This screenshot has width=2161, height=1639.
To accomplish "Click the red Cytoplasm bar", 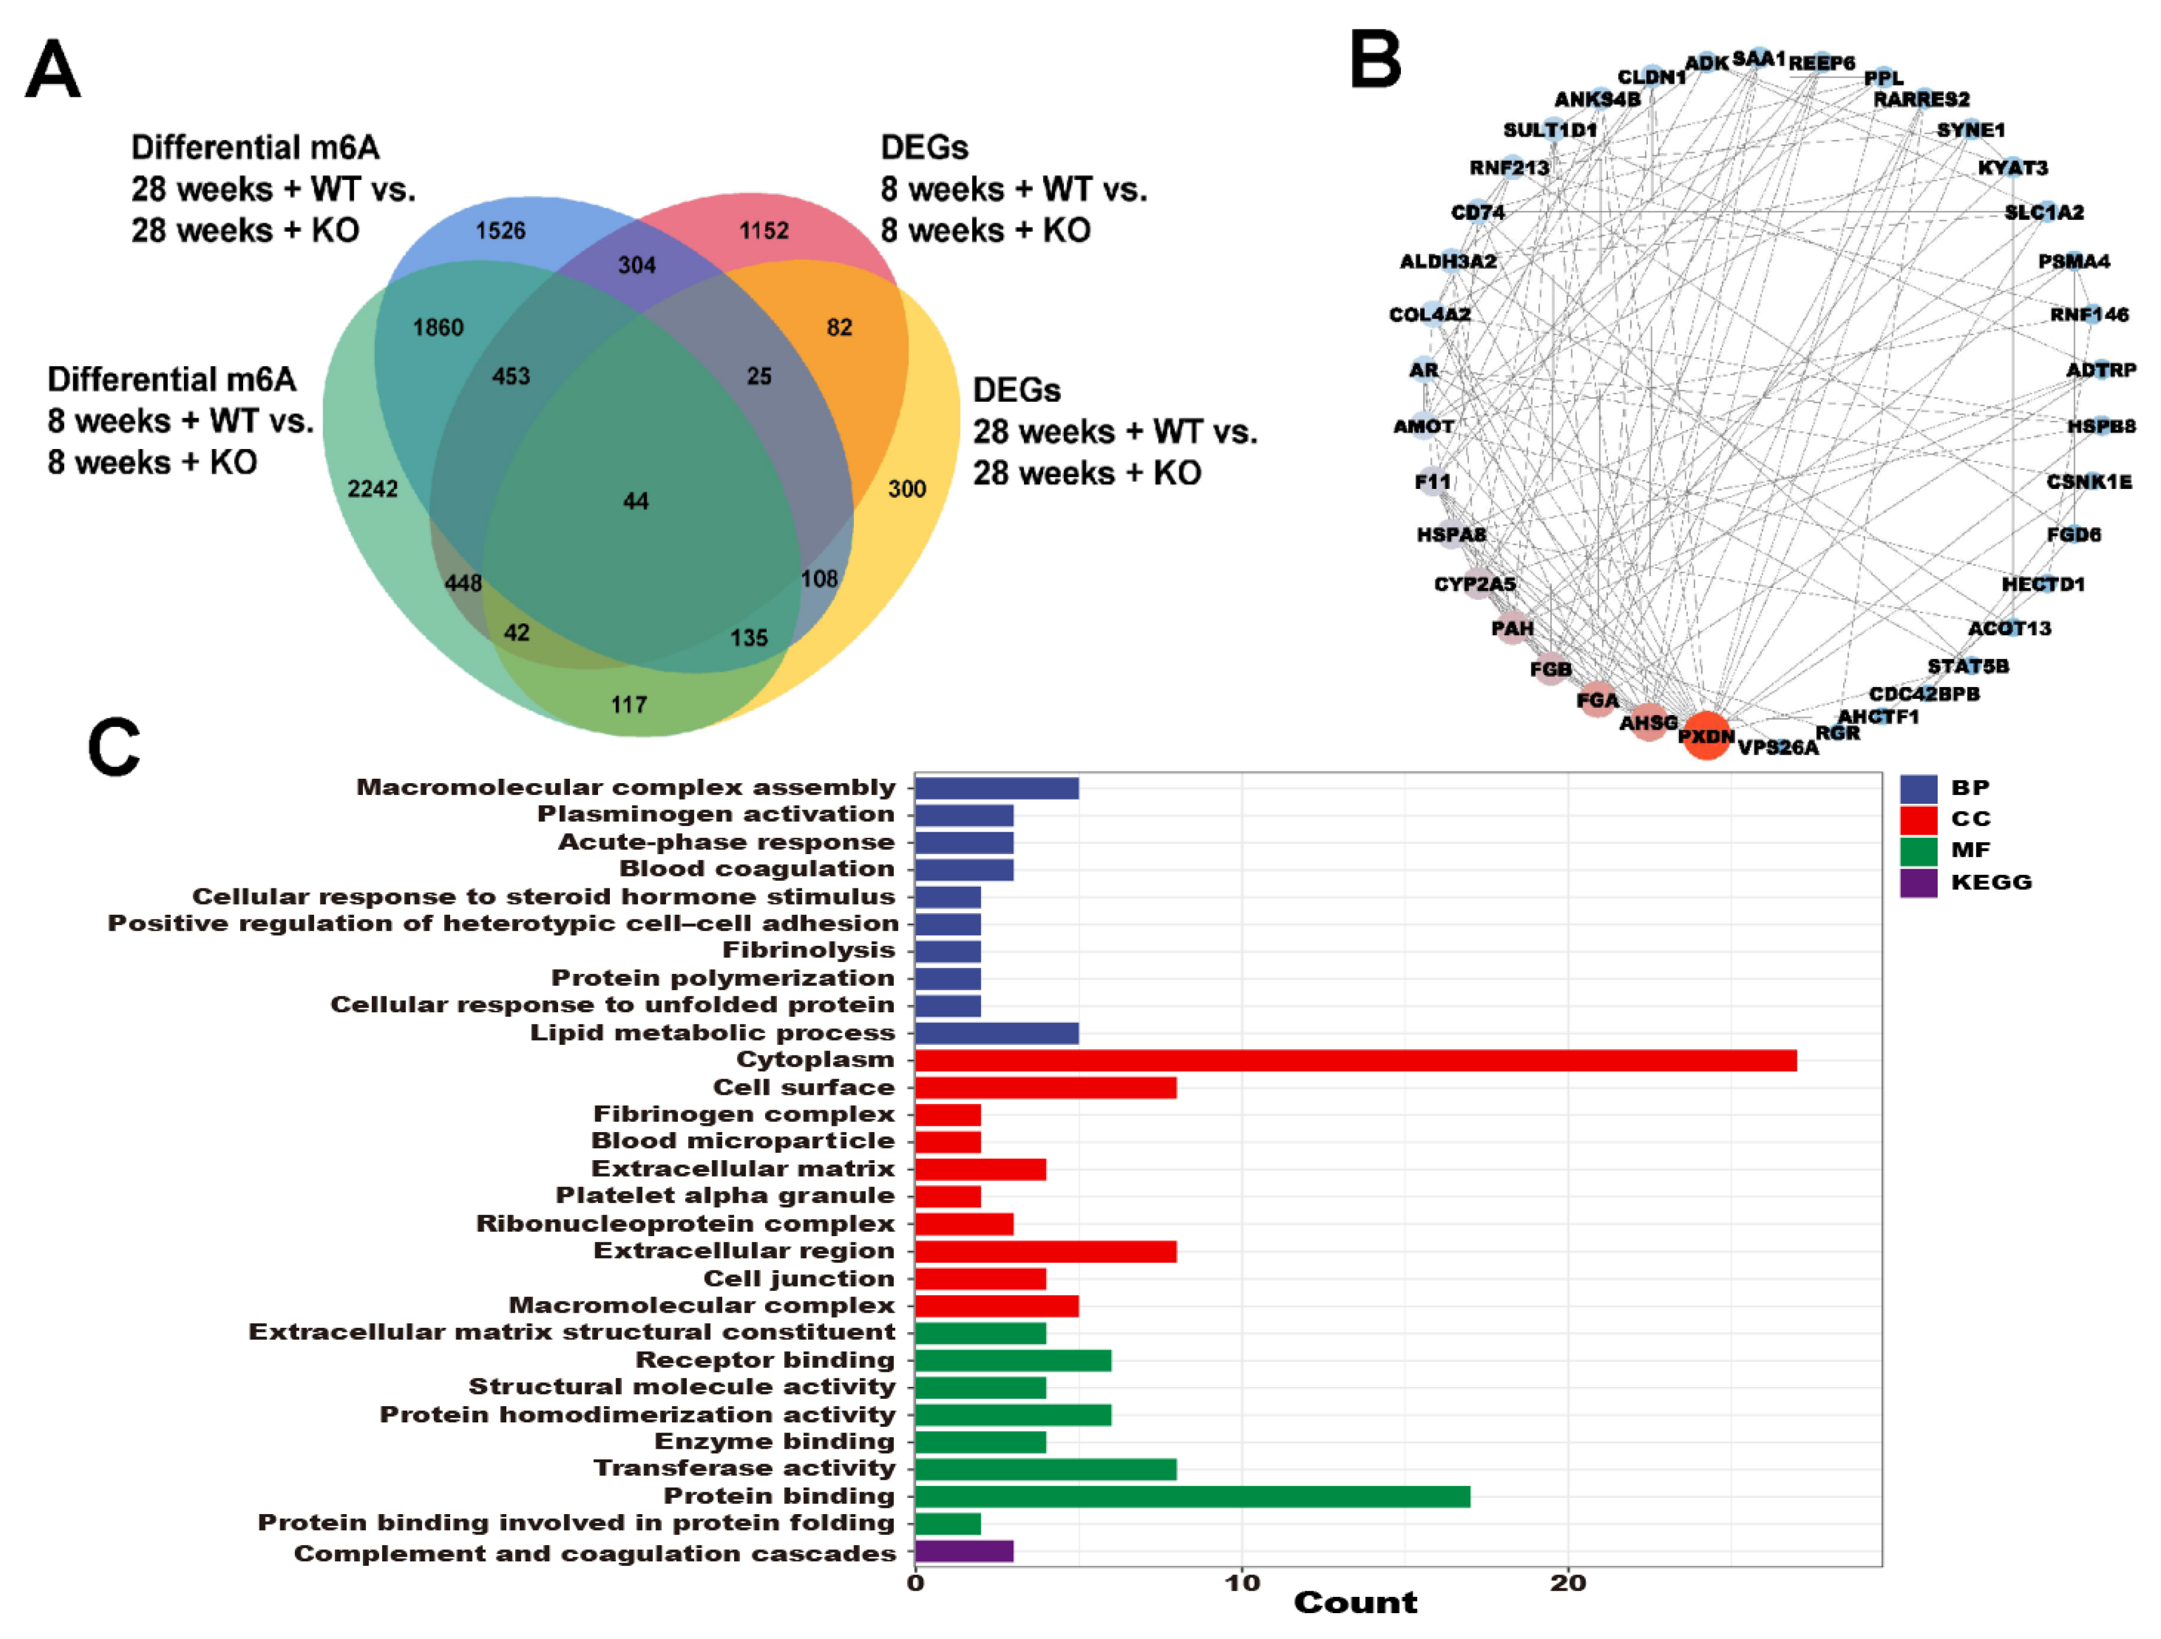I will pos(1354,1061).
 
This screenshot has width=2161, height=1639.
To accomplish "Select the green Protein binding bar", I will pos(1192,1497).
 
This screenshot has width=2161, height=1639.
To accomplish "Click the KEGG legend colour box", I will pos(1918,883).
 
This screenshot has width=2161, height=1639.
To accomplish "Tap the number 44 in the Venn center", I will pos(636,501).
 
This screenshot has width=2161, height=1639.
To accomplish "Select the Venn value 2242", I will pos(372,488).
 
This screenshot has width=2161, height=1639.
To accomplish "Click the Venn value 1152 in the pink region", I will pos(763,231).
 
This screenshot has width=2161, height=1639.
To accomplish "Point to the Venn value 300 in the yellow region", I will pos(906,488).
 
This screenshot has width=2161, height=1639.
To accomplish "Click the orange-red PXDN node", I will pos(1706,735).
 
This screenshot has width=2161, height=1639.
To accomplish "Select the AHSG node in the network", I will pos(1649,722).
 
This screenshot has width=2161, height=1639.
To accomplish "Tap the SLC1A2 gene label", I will pos(2044,212).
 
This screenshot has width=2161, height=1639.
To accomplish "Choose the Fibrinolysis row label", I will pos(808,950).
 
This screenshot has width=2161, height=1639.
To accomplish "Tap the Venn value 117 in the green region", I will pos(629,704).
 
